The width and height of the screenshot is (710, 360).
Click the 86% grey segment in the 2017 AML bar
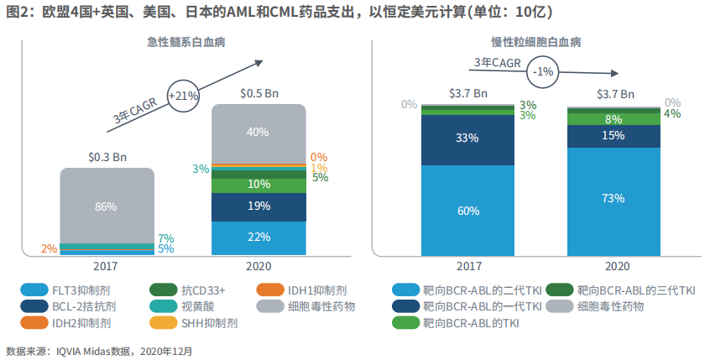pyautogui.click(x=107, y=205)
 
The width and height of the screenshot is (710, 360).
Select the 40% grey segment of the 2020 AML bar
pyautogui.click(x=258, y=132)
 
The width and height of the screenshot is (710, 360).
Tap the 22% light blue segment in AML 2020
pyautogui.click(x=258, y=237)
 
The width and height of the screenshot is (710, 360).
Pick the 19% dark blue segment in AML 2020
pyautogui.click(x=258, y=206)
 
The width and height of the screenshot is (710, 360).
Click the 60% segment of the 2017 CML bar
pyautogui.click(x=467, y=210)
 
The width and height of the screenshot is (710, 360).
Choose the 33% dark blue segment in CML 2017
pyautogui.click(x=467, y=138)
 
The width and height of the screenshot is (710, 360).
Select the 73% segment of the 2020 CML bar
pyautogui.click(x=613, y=199)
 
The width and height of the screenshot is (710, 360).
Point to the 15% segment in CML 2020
pyautogui.click(x=613, y=135)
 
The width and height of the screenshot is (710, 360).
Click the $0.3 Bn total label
pyautogui.click(x=107, y=156)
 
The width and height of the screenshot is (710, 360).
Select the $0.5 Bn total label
pyautogui.click(x=258, y=93)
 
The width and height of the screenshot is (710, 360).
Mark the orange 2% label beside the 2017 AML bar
pyautogui.click(x=49, y=248)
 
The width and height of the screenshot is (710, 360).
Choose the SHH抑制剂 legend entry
pyautogui.click(x=205, y=322)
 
